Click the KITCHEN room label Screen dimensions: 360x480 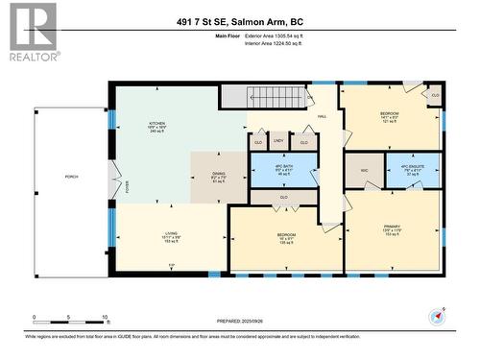click(x=156, y=124)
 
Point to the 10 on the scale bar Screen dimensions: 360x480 click(x=104, y=317)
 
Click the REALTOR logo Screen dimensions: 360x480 click(x=32, y=31)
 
